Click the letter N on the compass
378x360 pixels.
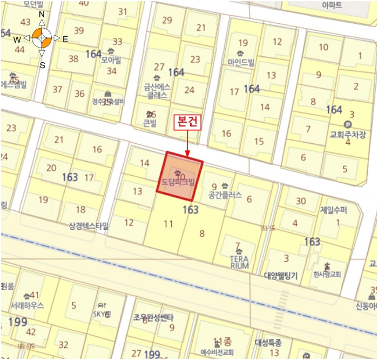(42, 15)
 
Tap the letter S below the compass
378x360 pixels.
(42, 65)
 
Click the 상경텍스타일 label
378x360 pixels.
(89, 225)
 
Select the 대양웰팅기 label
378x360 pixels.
(281, 275)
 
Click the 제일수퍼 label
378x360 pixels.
(334, 210)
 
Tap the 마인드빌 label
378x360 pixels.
(241, 62)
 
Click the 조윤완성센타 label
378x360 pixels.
(153, 317)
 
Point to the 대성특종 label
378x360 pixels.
(268, 342)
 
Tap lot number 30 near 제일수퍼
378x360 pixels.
(301, 201)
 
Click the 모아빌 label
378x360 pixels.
(110, 59)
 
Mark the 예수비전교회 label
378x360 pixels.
(217, 352)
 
